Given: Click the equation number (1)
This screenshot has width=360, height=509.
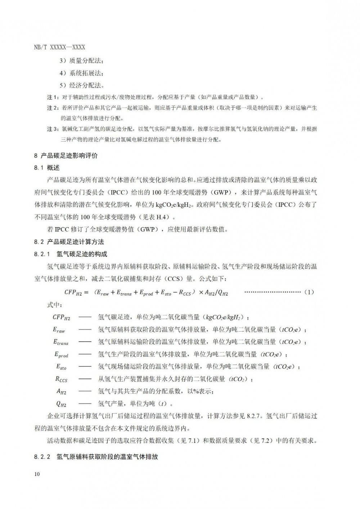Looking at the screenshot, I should point(309,292).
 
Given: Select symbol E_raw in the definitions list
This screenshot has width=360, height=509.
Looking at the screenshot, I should point(59,330).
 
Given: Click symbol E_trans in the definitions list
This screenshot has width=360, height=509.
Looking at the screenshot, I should point(60,342).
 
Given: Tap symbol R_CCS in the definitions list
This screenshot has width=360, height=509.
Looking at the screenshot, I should point(61,379).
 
